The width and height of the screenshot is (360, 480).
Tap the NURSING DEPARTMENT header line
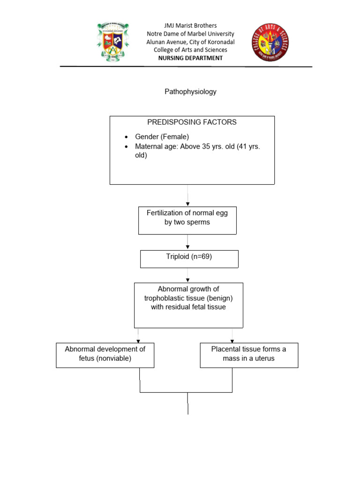click(x=190, y=58)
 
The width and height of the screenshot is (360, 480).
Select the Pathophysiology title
click(x=190, y=92)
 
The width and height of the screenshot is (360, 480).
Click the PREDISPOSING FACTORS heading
click(x=192, y=122)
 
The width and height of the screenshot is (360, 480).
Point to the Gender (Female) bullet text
click(x=162, y=137)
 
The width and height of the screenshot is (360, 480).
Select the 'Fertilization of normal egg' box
click(x=187, y=220)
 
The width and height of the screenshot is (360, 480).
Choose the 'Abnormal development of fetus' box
click(x=105, y=355)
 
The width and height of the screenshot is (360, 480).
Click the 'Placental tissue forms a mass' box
click(x=248, y=355)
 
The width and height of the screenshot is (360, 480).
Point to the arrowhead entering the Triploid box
click(x=188, y=248)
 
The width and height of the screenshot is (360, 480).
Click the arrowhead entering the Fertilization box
click(x=188, y=204)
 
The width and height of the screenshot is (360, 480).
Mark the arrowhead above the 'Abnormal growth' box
click(x=188, y=280)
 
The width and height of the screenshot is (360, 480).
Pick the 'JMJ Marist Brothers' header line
click(x=190, y=26)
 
